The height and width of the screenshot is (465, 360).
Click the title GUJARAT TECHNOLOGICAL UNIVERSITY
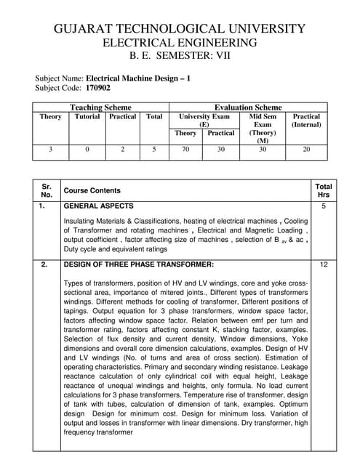(180, 28)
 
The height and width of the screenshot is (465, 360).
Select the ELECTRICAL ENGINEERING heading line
(180, 43)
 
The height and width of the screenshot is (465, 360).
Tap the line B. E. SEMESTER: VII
(180, 56)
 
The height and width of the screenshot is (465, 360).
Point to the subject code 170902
(98, 87)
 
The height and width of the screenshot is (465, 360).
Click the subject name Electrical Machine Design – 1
(138, 77)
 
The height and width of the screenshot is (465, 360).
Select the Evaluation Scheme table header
(248, 107)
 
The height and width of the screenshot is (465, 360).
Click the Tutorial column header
(87, 116)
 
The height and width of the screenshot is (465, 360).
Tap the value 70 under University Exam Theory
(185, 150)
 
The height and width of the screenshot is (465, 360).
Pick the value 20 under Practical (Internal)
(306, 150)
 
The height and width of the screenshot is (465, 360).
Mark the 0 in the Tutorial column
(87, 150)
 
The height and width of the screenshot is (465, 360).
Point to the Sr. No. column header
(47, 190)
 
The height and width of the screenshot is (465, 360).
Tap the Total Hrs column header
(324, 190)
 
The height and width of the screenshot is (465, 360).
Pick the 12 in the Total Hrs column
(324, 264)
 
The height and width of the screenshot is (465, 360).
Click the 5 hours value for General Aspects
(324, 206)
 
